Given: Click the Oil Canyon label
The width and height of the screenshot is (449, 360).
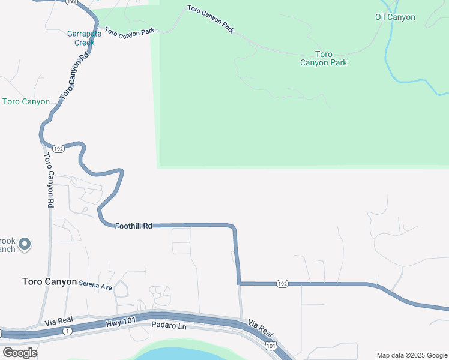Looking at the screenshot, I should click(395, 17).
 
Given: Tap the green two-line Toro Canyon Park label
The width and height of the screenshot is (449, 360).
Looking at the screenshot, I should click(324, 58).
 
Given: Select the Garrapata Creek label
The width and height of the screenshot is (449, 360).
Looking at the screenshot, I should click(84, 38).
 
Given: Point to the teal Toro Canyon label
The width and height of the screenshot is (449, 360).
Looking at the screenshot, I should click(26, 101).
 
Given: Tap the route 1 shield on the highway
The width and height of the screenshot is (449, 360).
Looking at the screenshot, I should click(67, 331).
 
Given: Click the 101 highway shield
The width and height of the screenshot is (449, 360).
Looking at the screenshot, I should click(270, 346).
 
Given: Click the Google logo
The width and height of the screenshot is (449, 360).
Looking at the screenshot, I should click(20, 352).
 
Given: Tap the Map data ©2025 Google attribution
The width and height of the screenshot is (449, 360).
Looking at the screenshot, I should click(412, 355).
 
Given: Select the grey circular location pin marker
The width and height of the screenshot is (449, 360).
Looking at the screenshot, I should click(25, 244).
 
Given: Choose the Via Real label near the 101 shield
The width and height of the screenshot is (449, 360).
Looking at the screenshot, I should click(261, 328).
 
